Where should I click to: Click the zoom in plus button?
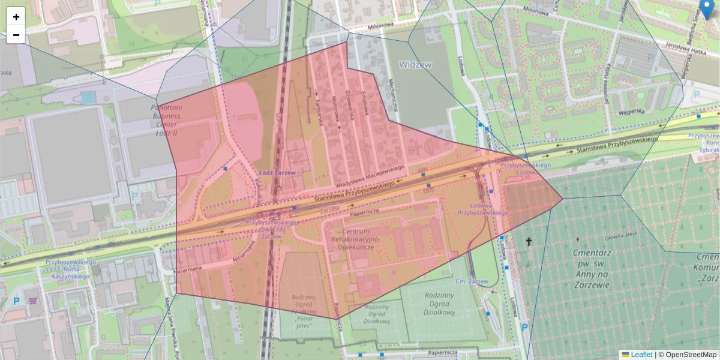[x=16, y=17]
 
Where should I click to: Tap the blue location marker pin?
[x=707, y=9]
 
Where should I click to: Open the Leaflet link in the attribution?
[x=641, y=355]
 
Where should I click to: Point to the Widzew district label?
[x=415, y=64]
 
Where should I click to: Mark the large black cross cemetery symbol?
[x=529, y=242]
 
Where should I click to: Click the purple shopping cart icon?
[x=32, y=300]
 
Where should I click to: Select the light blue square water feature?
[x=88, y=97]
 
